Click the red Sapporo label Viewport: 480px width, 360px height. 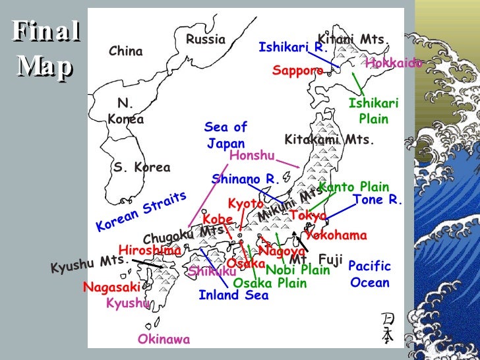pos(297,71)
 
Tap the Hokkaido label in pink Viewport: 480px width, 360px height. pos(394,63)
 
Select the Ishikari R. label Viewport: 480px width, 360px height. pos(293,47)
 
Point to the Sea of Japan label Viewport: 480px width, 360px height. pos(225,135)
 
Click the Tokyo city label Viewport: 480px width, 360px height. pos(308,216)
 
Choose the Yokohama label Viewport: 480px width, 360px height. pos(336,235)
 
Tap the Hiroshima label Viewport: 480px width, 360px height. pos(150,251)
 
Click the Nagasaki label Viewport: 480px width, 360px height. pos(112,287)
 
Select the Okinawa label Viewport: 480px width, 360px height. pos(164,340)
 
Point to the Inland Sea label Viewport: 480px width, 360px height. pos(233,295)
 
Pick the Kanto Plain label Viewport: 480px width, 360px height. pos(354,187)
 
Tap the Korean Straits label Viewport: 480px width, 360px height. pos(141,211)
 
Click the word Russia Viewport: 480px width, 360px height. pos(205,40)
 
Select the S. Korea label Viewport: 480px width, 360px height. pos(141,167)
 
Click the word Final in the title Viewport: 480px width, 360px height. pos(45,32)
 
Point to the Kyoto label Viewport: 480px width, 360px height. pos(245,204)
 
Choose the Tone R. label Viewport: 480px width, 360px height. pos(377,200)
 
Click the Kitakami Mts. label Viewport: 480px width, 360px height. pos(329,140)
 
